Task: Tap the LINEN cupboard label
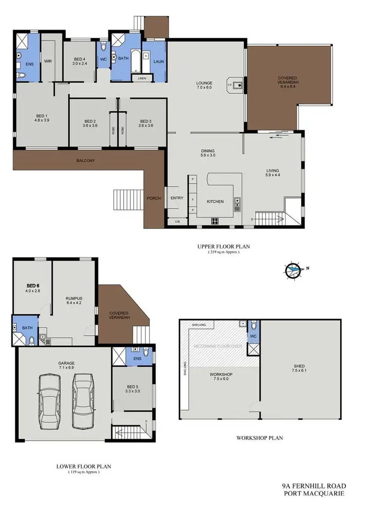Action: (142, 78)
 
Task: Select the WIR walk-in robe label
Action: (48, 61)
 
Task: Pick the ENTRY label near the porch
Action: (176, 198)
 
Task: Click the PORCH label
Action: (154, 198)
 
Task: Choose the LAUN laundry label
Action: (157, 62)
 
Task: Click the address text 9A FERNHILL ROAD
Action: (313, 485)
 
